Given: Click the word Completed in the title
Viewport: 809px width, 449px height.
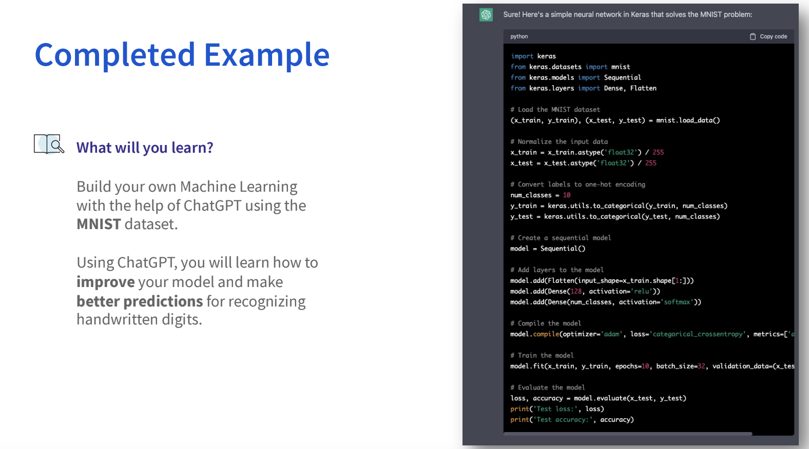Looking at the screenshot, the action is (115, 55).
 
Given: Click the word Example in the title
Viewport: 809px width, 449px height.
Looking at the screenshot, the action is (267, 55).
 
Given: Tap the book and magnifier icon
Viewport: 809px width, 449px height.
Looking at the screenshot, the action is (49, 144).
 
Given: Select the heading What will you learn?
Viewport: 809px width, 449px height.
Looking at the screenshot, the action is (145, 148).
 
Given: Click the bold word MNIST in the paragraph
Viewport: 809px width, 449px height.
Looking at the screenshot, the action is (99, 224).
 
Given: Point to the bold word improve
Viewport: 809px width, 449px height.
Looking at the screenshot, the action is (105, 282).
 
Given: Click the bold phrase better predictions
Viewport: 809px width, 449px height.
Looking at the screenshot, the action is (140, 301).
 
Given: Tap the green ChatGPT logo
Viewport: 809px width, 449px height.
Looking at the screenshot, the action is (486, 15).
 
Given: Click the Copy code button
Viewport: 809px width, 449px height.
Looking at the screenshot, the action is (768, 36).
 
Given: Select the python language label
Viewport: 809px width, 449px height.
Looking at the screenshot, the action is (519, 36).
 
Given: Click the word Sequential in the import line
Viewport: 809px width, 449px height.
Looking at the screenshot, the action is (622, 77).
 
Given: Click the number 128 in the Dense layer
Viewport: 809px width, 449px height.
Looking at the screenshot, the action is (576, 292).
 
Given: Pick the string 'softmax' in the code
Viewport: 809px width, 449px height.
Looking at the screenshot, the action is (677, 302).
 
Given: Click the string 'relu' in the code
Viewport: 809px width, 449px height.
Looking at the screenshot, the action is (642, 292).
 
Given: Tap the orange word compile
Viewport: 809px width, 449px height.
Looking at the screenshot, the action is (546, 334).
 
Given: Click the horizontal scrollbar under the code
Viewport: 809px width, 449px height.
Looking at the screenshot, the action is (628, 434).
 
